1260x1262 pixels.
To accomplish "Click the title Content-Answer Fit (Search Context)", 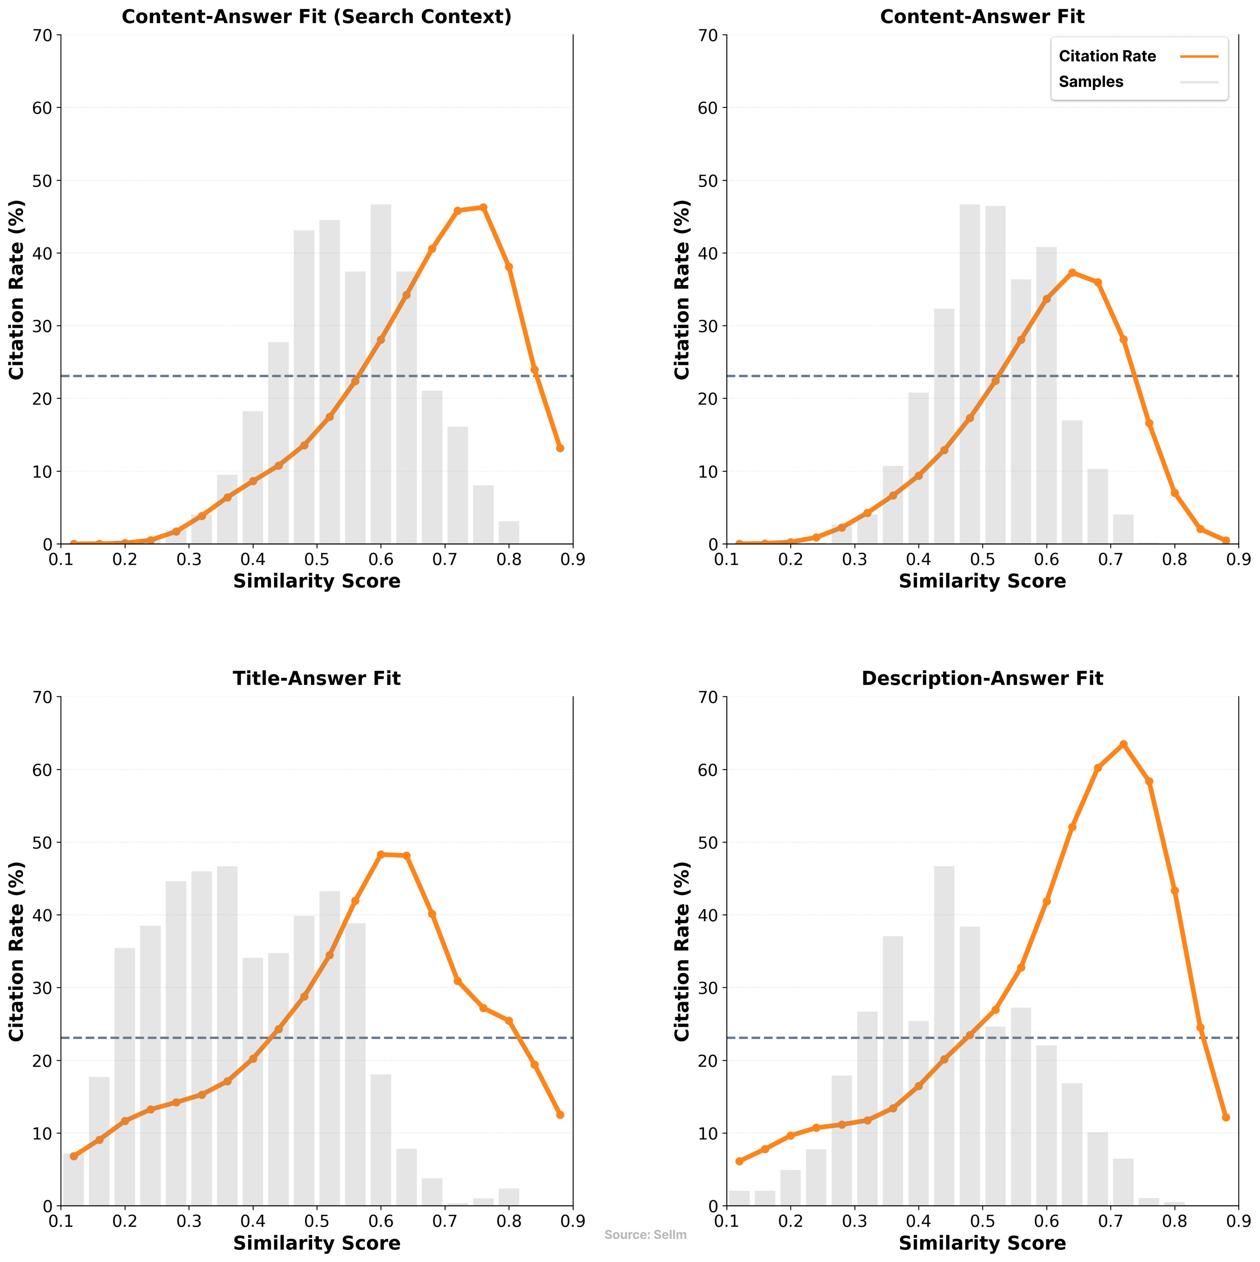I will [317, 16].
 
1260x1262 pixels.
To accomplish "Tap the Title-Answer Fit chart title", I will [317, 679].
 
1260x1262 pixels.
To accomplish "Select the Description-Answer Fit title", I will [982, 679].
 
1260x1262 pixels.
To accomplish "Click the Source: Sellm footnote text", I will [645, 1235].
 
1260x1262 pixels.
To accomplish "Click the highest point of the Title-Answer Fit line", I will [381, 854].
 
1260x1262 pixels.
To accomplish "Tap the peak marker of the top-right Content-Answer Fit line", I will [1072, 272].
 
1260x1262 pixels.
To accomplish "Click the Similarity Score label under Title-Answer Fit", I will [317, 1243].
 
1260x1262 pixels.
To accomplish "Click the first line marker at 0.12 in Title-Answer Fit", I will [74, 1156].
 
